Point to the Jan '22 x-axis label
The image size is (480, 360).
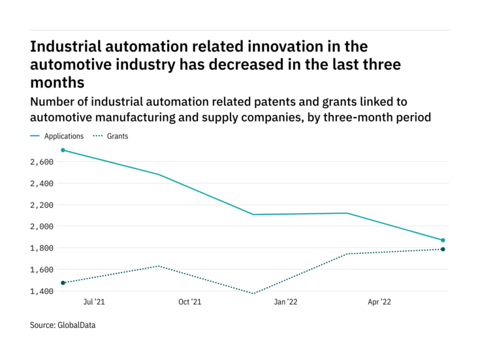[287, 303]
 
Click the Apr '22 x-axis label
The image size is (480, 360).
[381, 303]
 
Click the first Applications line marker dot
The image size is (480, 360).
[63, 150]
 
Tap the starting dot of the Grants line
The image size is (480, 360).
[63, 283]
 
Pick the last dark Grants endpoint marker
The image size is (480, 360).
[443, 249]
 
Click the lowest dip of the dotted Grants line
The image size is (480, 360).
[253, 293]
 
